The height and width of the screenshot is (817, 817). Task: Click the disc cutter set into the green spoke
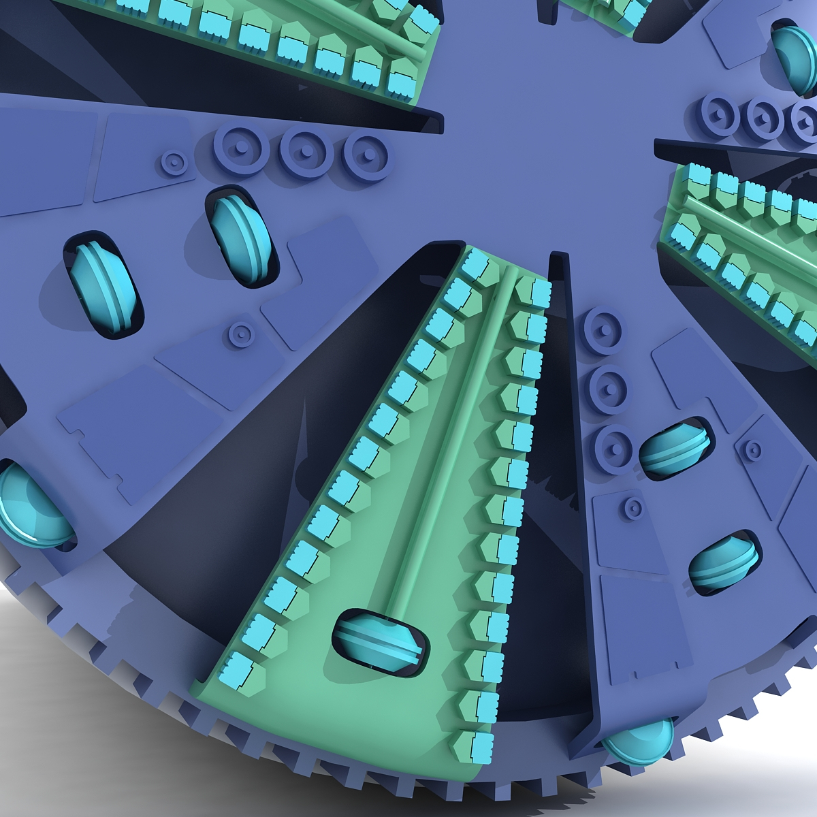[x=380, y=641]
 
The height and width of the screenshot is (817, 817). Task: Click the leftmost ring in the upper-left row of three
[x=242, y=149]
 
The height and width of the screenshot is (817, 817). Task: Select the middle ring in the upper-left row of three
[x=307, y=150]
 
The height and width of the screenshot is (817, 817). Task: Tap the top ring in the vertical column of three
[x=603, y=331]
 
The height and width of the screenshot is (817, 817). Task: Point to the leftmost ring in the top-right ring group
[x=719, y=114]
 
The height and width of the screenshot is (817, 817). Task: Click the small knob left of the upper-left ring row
[x=174, y=163]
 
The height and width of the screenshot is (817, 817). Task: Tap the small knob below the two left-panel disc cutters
[x=241, y=334]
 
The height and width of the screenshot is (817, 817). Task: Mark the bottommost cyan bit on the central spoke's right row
[x=481, y=746]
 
